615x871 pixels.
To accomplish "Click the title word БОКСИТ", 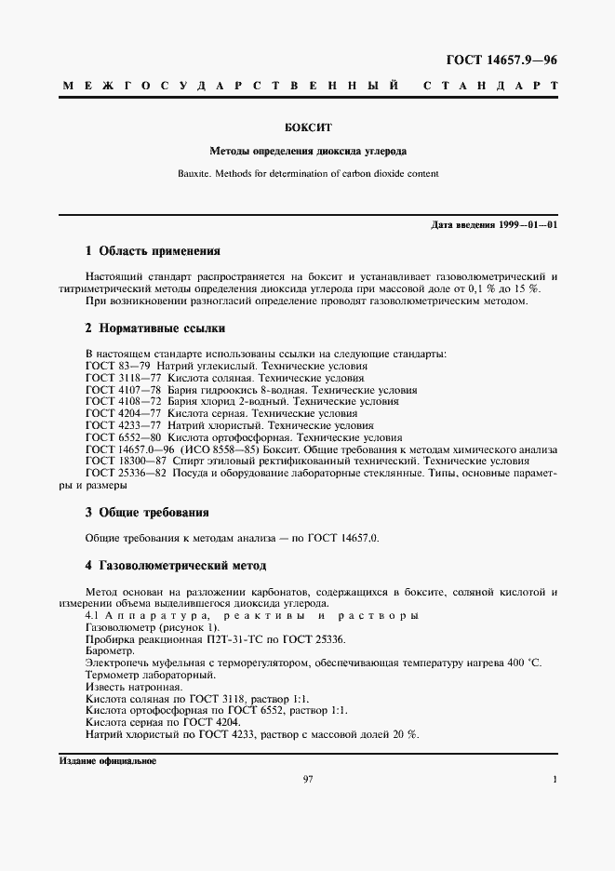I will (x=307, y=127).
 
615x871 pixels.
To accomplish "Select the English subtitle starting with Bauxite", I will (x=307, y=173).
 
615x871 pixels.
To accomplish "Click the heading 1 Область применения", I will (x=153, y=251).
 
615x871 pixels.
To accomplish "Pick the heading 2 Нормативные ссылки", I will (x=154, y=328).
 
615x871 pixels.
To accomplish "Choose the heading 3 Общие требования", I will (x=147, y=512).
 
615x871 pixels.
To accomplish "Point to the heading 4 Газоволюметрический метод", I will (x=175, y=565).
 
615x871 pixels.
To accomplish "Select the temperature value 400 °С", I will (x=522, y=663).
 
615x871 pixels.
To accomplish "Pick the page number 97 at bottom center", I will (x=308, y=779).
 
